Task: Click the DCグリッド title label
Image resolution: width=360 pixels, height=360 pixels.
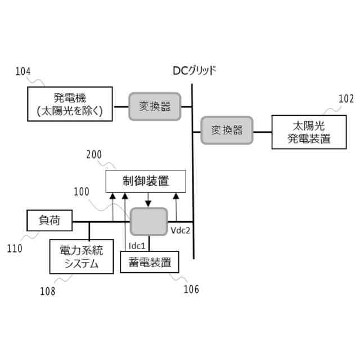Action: click(193, 71)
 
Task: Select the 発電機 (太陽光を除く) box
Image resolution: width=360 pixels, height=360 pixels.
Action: click(70, 103)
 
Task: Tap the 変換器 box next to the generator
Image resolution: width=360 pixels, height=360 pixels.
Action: click(155, 105)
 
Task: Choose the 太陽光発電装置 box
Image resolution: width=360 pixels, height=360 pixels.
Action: click(309, 132)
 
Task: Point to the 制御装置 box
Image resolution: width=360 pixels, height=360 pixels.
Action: click(146, 181)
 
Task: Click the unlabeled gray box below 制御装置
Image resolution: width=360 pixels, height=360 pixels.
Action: click(149, 220)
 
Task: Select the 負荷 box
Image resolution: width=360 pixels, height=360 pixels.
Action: click(49, 220)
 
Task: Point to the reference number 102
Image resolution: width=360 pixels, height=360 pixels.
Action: click(346, 99)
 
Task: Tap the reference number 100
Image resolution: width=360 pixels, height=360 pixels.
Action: click(82, 191)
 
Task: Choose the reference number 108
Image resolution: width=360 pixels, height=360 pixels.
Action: click(47, 291)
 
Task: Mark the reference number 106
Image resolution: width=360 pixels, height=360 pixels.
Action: click(191, 289)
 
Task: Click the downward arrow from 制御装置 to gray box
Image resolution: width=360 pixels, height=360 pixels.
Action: click(147, 200)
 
